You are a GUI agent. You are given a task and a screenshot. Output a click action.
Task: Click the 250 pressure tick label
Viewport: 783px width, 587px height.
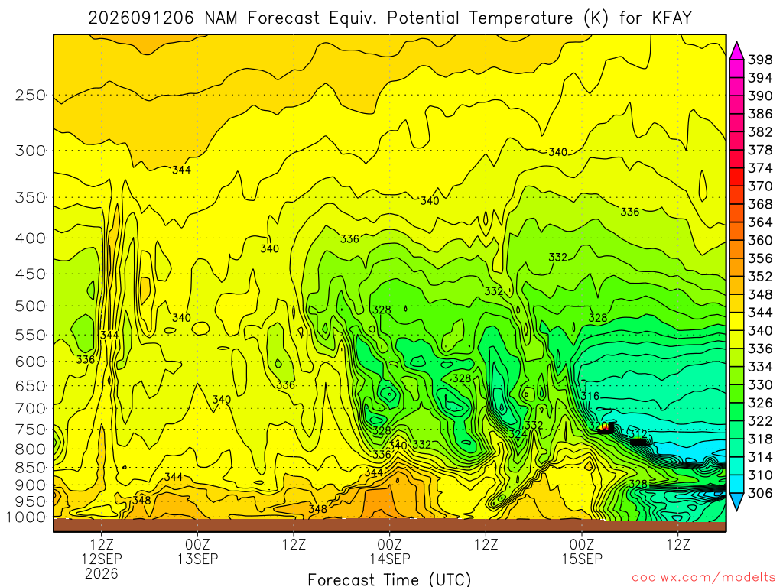pos(31,95)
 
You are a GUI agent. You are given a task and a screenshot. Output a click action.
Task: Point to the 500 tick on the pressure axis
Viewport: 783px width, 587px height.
pos(31,306)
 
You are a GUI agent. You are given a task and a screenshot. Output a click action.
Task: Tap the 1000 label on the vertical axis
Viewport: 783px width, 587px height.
pos(26,517)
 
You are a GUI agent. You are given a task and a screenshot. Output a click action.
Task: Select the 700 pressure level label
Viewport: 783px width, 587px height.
pos(31,409)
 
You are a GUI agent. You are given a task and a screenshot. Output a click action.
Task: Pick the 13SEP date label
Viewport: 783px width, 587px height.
pos(198,559)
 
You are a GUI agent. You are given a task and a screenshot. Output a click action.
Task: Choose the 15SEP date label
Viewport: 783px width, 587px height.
pos(582,559)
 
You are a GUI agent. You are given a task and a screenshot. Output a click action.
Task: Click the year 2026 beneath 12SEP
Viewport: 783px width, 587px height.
pos(102,573)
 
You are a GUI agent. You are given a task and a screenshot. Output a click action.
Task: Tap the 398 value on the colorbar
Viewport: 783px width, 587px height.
pos(760,60)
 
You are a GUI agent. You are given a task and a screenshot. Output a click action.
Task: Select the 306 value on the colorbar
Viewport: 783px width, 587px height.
pos(760,493)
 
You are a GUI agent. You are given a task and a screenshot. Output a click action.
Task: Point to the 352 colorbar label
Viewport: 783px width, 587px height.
pos(760,277)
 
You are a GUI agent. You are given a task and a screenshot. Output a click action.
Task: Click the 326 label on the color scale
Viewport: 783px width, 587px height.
pos(760,403)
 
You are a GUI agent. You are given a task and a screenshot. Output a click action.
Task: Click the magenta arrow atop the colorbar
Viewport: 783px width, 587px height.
pos(736,51)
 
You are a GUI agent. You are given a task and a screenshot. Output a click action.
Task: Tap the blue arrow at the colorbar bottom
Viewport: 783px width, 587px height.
pos(736,501)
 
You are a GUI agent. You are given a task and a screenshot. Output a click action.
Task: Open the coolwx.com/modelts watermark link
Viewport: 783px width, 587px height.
pos(703,578)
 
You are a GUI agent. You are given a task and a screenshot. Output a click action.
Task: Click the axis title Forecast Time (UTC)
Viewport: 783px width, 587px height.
pos(389,579)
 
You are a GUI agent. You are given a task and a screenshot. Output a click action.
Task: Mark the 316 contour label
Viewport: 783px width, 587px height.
pos(590,396)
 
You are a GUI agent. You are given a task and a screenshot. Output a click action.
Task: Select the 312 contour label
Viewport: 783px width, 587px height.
pos(638,434)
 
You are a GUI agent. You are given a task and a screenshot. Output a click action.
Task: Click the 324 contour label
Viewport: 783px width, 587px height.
pos(518,434)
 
